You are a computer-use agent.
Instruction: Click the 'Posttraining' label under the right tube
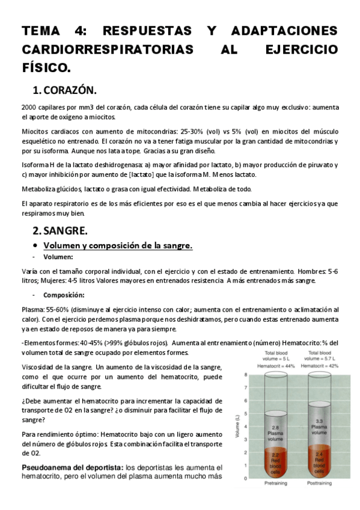click(320, 483)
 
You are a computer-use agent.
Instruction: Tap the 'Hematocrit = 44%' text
click(276, 365)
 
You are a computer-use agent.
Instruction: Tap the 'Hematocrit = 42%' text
click(321, 365)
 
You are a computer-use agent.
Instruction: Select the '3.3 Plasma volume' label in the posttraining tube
click(320, 426)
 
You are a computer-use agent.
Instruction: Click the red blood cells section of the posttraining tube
click(320, 462)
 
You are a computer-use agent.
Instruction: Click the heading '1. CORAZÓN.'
click(64, 90)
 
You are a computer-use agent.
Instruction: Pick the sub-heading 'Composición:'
click(63, 295)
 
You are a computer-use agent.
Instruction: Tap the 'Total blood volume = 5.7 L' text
click(321, 355)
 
